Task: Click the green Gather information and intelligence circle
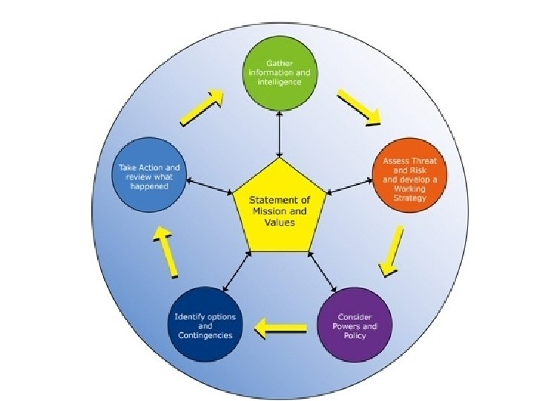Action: tap(279, 74)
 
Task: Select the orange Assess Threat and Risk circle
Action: tap(405, 179)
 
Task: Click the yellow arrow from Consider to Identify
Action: tap(280, 325)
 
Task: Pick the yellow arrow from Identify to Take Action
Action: tap(166, 250)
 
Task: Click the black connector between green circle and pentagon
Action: tap(279, 134)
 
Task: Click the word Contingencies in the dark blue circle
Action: tap(205, 336)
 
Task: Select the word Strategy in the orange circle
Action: tap(405, 199)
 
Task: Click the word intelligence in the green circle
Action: tap(279, 82)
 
